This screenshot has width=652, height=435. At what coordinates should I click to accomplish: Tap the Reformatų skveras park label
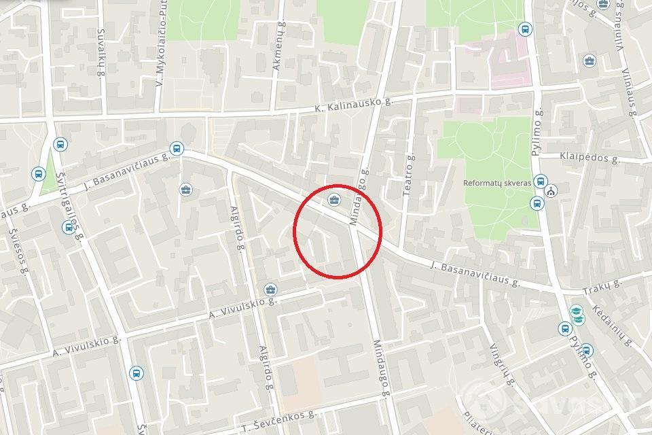coord(497,183)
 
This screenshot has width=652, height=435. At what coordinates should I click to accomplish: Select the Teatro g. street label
coord(409,175)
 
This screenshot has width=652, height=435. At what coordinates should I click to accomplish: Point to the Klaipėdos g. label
coord(590,158)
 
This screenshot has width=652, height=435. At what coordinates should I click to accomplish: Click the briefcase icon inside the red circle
coord(333,199)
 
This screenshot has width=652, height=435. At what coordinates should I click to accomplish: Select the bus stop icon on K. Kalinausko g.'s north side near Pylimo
coord(524,29)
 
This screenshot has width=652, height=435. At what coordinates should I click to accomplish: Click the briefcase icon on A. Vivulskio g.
coord(270,290)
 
